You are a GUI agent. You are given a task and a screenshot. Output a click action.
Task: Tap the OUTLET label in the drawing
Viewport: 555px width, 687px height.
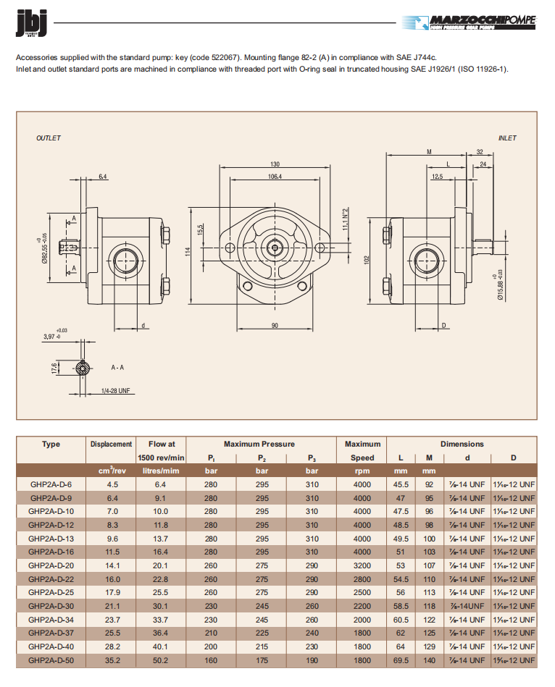[49, 138]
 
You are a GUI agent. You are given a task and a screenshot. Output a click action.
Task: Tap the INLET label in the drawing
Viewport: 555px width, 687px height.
[507, 138]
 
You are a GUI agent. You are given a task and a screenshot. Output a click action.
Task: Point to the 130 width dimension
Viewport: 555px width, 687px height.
[275, 164]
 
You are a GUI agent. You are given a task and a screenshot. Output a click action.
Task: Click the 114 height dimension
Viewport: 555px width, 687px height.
[187, 251]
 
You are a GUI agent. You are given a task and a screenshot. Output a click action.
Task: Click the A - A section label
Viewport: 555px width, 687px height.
[117, 368]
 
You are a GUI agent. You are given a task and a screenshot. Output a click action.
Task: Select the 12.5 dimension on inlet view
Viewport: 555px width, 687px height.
[438, 176]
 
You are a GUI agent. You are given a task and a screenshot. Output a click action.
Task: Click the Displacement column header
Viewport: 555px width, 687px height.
[111, 444]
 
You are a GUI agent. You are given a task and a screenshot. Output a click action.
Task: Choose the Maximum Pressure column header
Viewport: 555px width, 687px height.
[259, 444]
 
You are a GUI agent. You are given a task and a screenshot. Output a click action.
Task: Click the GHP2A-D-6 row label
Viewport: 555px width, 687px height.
[51, 484]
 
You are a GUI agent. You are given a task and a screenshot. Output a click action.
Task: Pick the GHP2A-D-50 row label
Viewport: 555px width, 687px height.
[51, 660]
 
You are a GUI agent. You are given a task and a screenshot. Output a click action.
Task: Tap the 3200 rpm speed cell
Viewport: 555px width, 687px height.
[362, 565]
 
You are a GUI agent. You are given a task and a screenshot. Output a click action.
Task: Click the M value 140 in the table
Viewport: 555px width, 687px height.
[429, 660]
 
